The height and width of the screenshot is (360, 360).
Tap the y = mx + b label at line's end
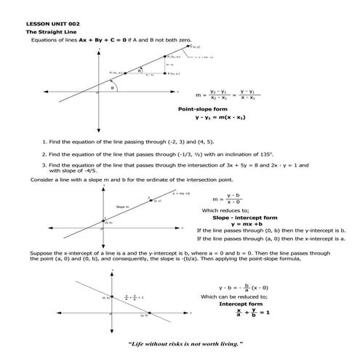pos(181,193)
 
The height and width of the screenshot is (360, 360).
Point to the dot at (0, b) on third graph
pos(113,297)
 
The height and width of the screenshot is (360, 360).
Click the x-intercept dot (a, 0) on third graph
pos(146,313)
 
